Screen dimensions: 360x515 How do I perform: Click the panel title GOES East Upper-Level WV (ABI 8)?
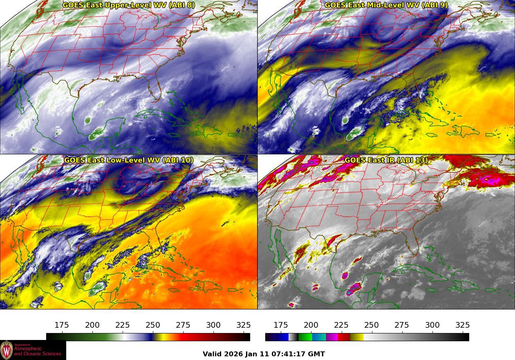tap(129, 5)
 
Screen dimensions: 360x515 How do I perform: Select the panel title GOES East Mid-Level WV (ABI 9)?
tap(386, 5)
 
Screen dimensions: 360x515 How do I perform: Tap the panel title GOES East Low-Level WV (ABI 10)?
tap(129, 160)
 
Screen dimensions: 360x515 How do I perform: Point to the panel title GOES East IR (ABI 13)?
tap(386, 160)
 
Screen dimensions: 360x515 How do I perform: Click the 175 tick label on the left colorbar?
tap(62, 325)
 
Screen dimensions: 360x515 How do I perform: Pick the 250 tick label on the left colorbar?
tap(153, 325)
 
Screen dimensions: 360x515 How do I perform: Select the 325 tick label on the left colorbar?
tap(244, 325)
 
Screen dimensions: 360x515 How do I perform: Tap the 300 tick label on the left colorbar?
tap(213, 325)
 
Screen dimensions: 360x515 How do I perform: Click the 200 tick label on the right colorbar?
tap(311, 325)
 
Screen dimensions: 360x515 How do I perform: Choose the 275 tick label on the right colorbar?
tap(402, 325)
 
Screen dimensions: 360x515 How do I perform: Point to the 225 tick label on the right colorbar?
tap(341, 325)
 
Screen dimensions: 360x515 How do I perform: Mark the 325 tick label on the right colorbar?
tap(463, 325)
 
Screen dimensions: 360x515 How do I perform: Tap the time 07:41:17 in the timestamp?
tap(291, 354)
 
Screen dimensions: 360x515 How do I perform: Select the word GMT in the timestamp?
tap(317, 354)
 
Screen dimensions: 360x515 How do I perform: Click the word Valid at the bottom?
tap(212, 354)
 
